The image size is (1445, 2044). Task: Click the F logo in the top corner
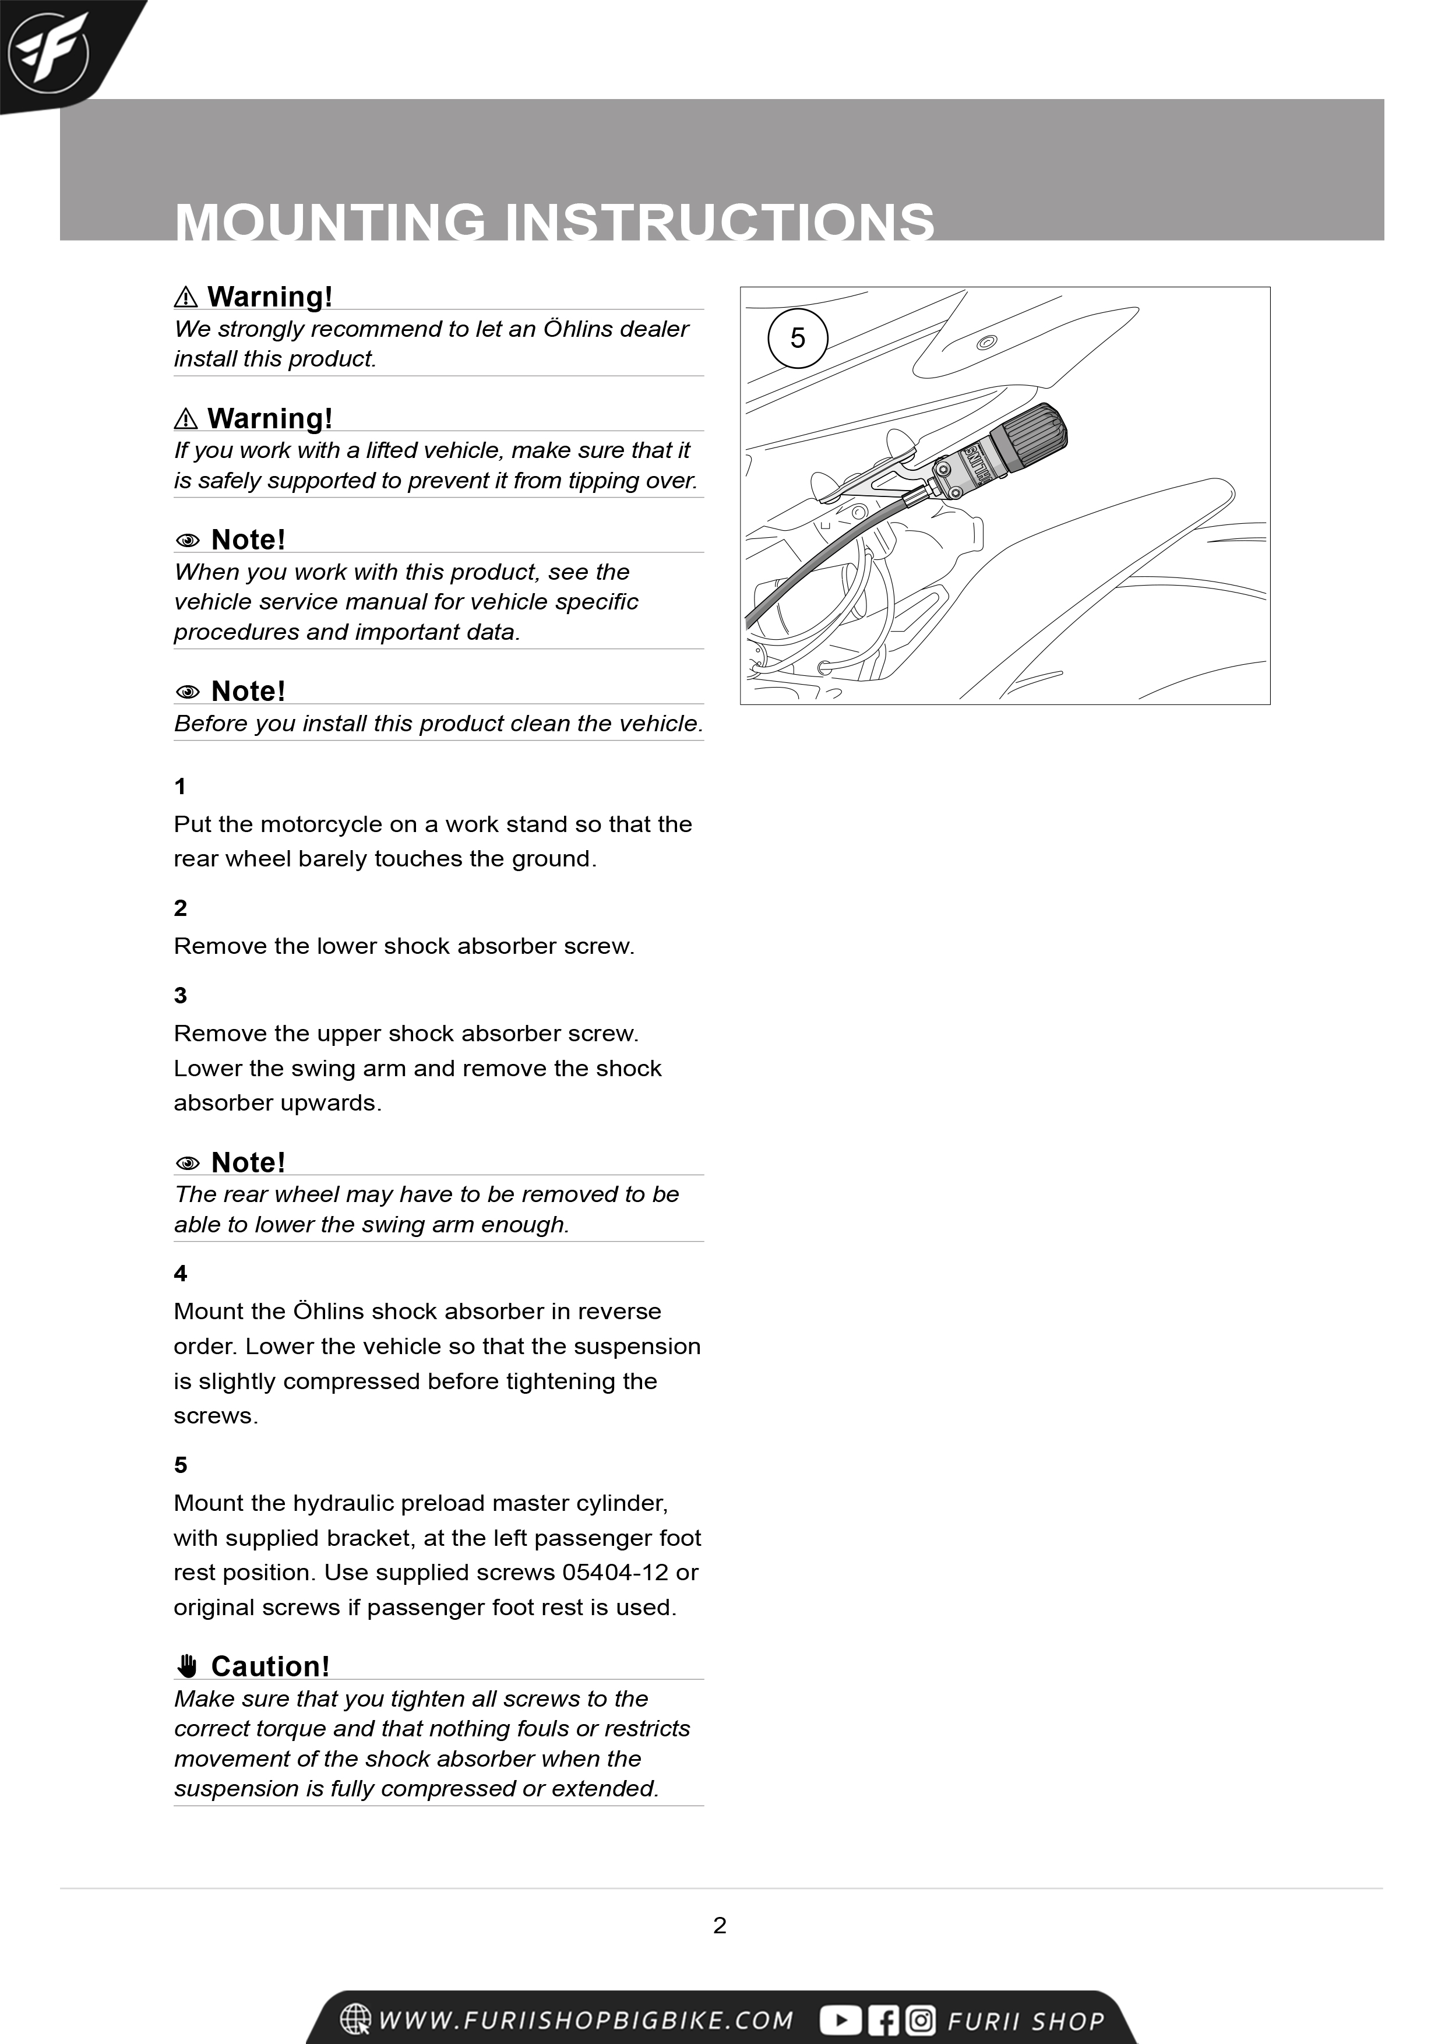(48, 49)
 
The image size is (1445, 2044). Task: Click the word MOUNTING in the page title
(329, 223)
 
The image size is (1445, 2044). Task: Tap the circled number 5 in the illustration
(798, 339)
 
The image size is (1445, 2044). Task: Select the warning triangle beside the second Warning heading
(186, 418)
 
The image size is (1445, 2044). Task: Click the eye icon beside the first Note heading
(188, 540)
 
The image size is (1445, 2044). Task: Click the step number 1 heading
(181, 786)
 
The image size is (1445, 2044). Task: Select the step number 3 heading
(181, 995)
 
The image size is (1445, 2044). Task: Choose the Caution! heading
(270, 1666)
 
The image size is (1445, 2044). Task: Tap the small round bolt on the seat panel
(986, 343)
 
